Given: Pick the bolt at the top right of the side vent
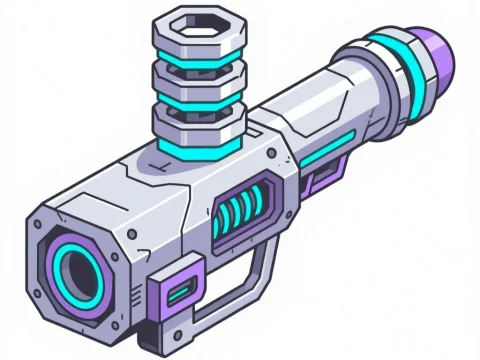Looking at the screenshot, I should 270,154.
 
